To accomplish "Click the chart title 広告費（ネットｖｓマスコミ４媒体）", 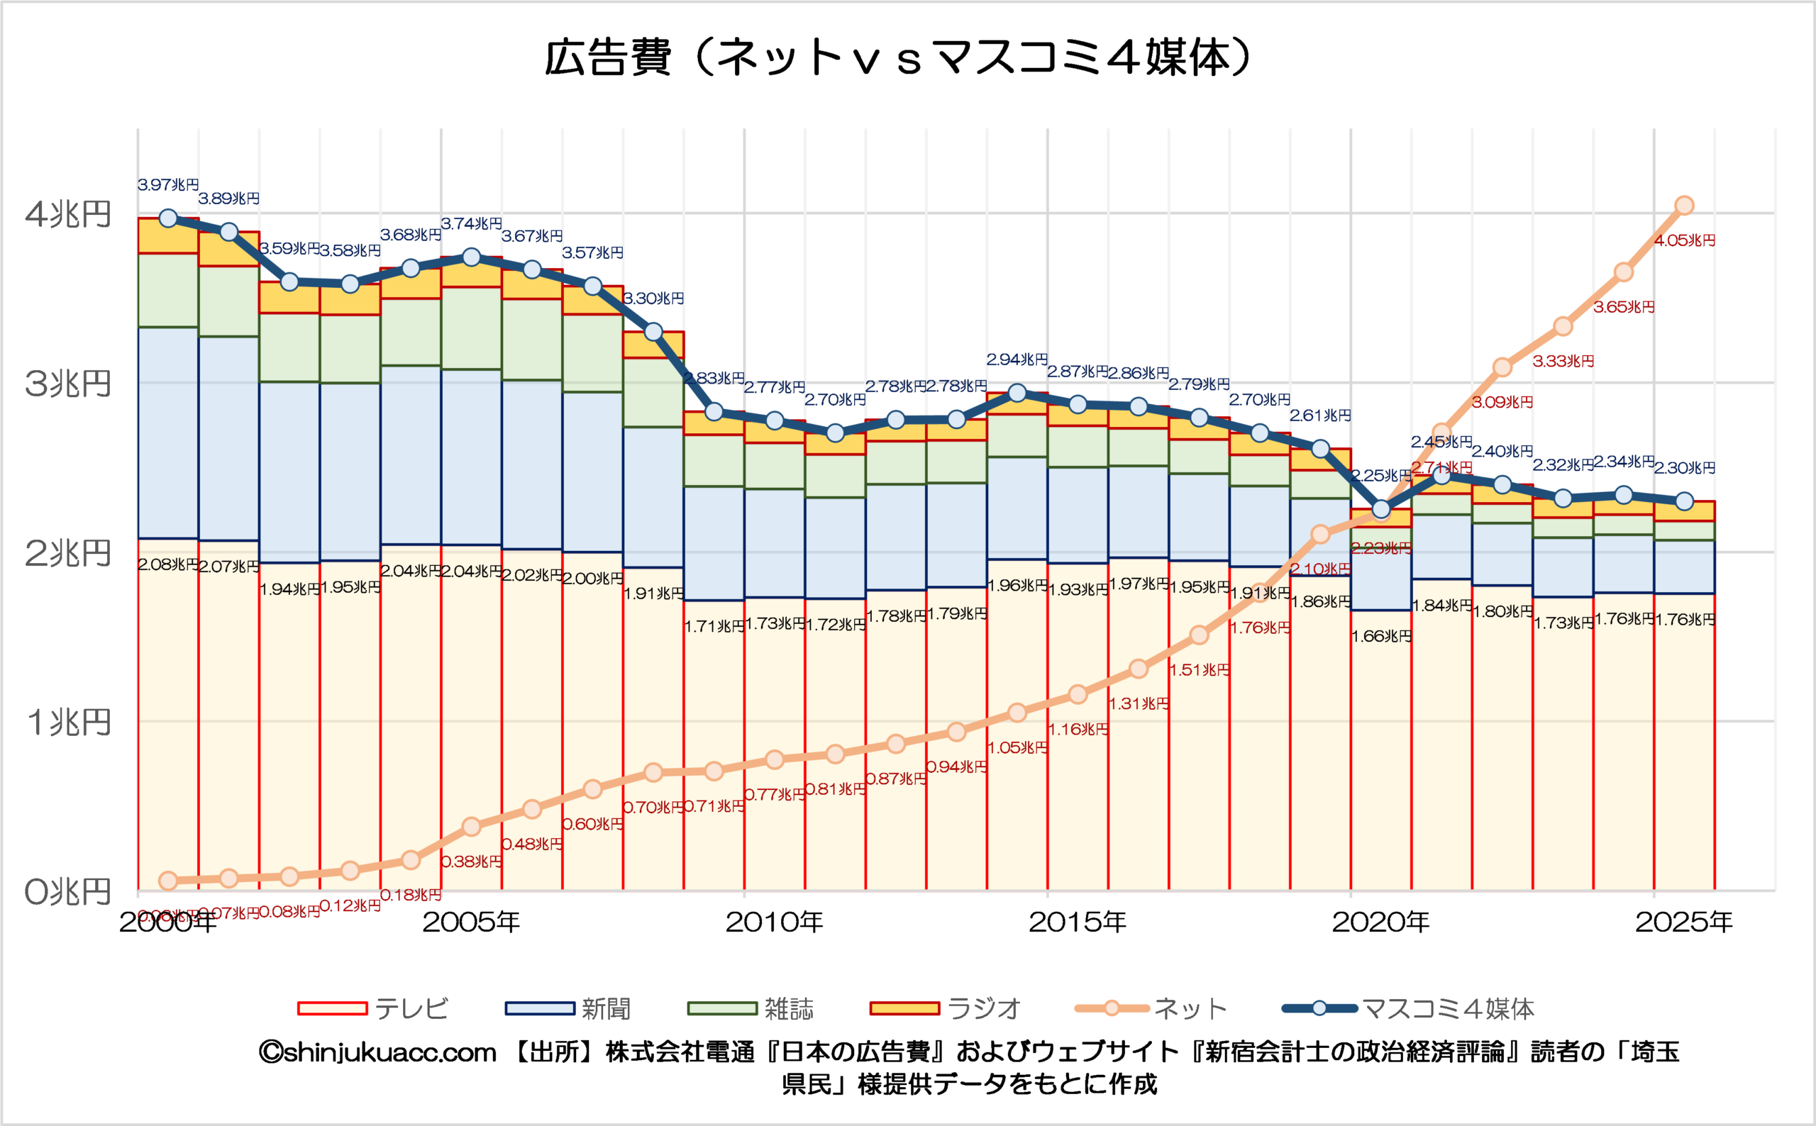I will [897, 58].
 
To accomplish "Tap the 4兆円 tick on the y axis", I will [68, 214].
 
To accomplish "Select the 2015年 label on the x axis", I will [1077, 922].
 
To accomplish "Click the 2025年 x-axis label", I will [1683, 922].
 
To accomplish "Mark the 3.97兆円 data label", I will [168, 184].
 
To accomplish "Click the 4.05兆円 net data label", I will [1684, 240].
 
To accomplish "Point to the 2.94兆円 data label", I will [1017, 359].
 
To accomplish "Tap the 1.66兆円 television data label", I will [1381, 636].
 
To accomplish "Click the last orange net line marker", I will [1684, 206].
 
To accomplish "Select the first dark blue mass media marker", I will [168, 218].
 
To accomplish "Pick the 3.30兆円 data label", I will [653, 299].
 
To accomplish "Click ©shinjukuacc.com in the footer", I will [377, 1052].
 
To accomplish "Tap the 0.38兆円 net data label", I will [471, 862].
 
